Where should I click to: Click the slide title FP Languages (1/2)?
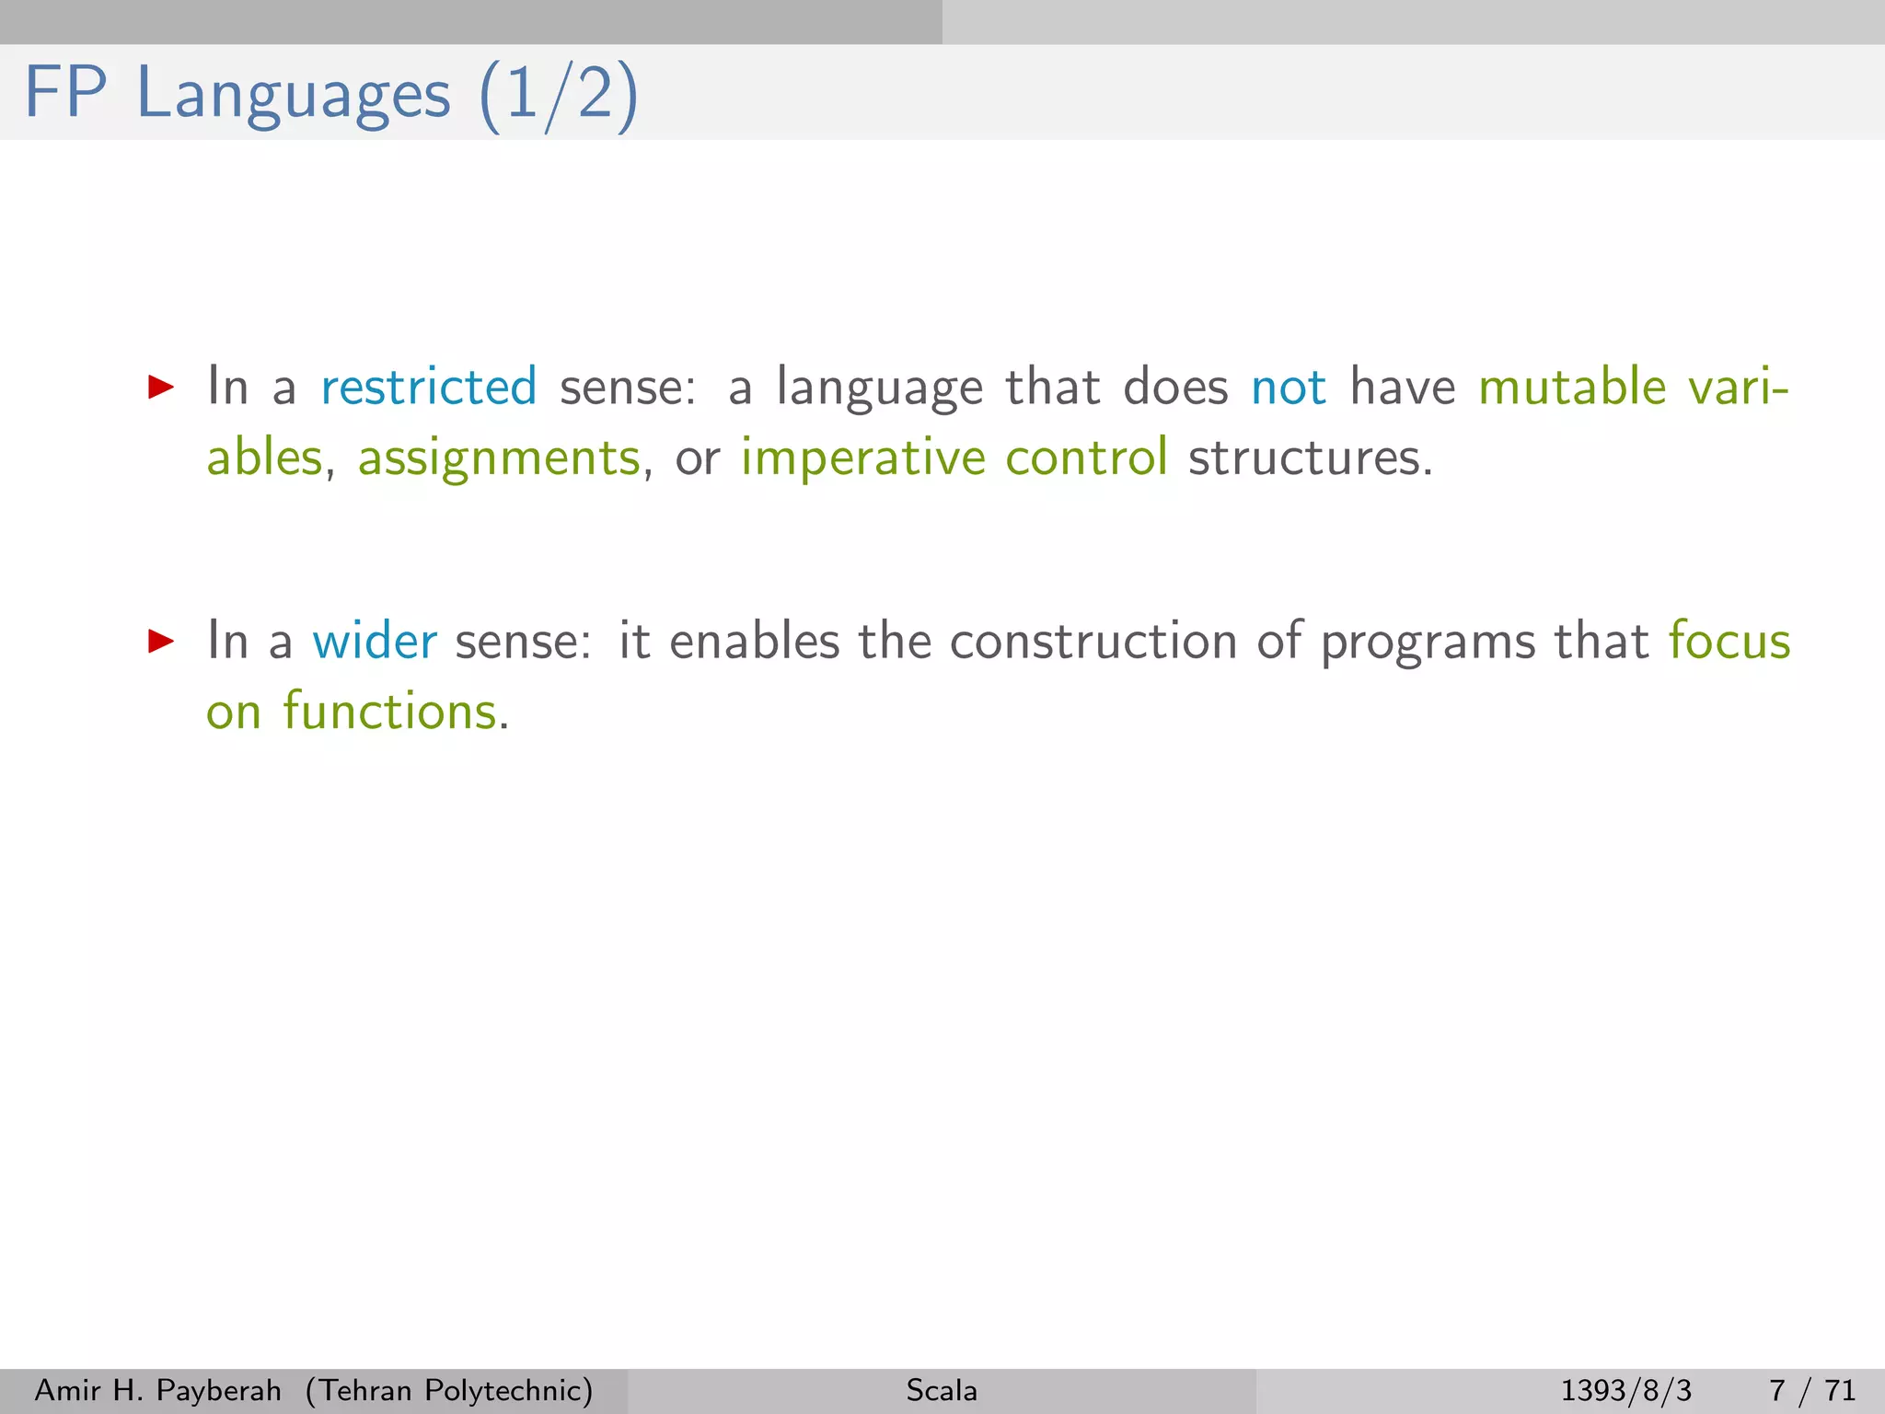[331, 94]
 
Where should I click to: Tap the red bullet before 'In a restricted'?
[161, 387]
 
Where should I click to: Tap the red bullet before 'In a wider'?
[161, 641]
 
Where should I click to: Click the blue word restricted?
[428, 387]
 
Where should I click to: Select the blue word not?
[1288, 387]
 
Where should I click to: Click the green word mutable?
[1572, 387]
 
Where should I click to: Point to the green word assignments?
[498, 458]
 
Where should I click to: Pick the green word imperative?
[862, 458]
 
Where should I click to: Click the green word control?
[1086, 458]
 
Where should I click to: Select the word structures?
[1309, 458]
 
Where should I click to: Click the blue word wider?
[375, 641]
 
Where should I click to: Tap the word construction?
[1093, 641]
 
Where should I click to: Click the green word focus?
[1729, 641]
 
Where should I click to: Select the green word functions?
[389, 712]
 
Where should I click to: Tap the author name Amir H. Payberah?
[157, 1390]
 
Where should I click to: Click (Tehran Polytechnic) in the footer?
[449, 1390]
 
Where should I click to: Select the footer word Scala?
[942, 1390]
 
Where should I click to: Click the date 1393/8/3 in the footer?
[1625, 1390]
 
